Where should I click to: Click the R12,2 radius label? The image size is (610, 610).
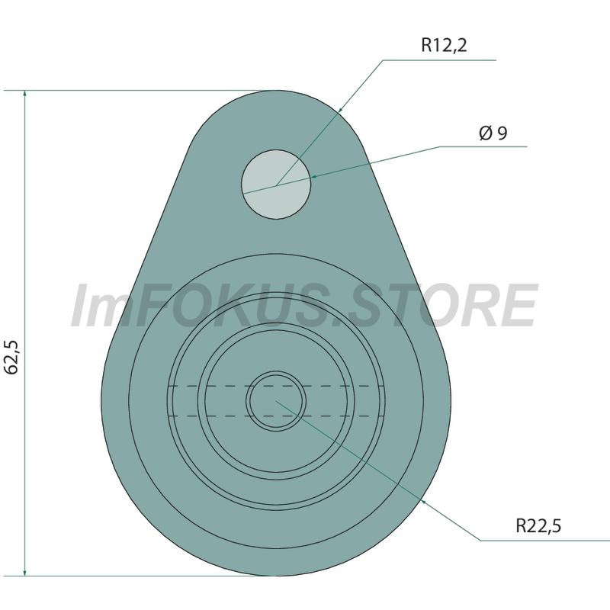(444, 45)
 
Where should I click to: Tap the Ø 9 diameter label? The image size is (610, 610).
(493, 133)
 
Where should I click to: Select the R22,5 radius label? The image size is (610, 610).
(538, 526)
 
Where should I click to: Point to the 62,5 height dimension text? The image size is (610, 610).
(13, 357)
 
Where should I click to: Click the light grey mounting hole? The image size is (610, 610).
(276, 185)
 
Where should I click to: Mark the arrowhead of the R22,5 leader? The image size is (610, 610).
(425, 503)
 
